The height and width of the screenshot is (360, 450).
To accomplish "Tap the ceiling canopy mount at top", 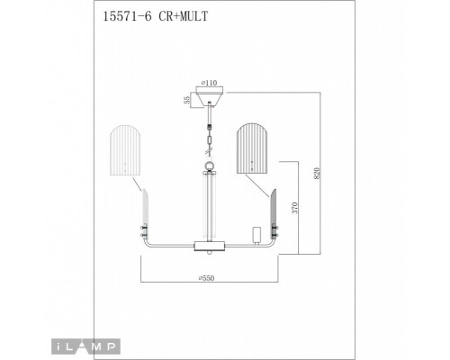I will (x=210, y=95).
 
